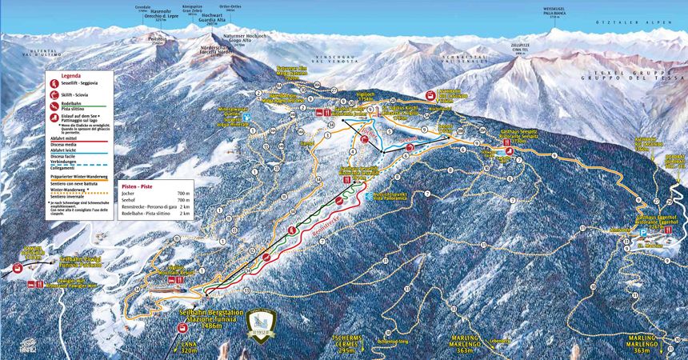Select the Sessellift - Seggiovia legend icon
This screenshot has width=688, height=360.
53,83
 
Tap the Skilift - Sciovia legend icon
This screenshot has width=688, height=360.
53,94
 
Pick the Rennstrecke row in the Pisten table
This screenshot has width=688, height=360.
154,206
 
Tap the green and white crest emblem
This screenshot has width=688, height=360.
262,326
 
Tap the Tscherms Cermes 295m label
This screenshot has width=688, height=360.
352,345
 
